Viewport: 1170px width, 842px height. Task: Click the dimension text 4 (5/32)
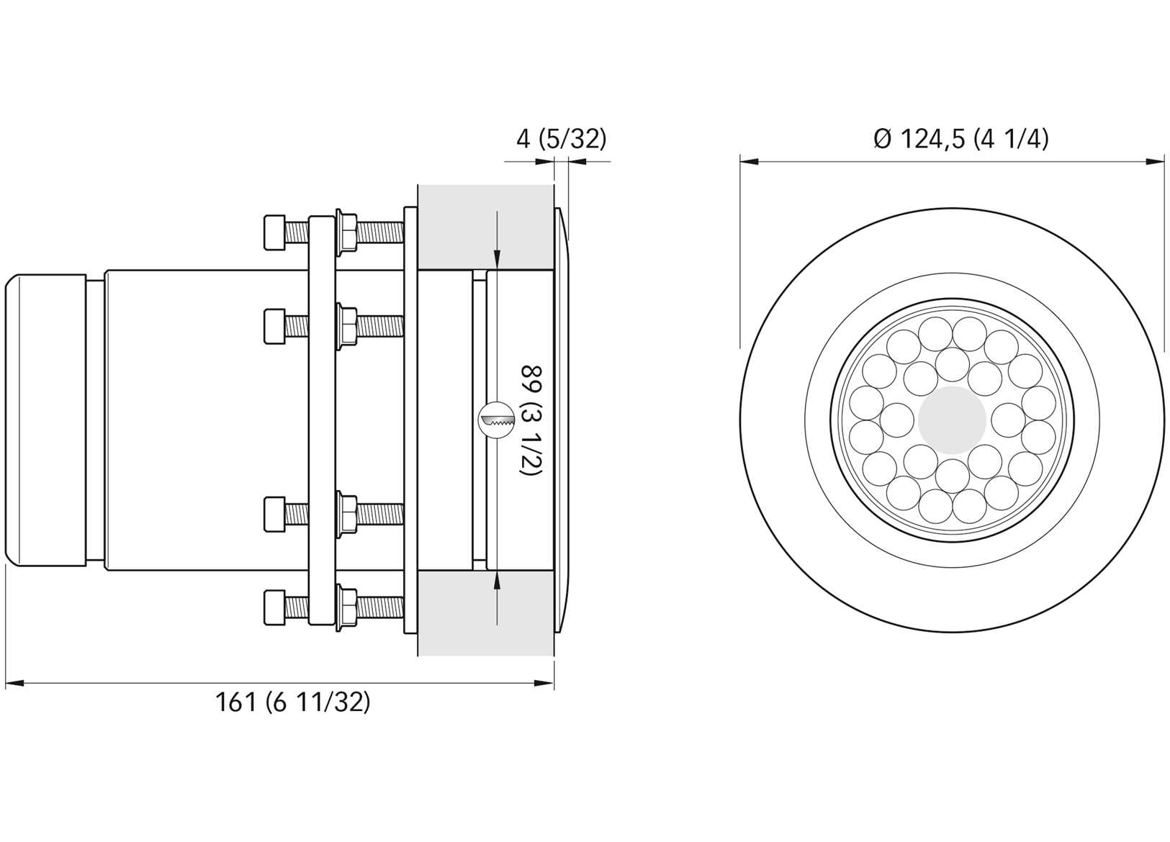click(561, 139)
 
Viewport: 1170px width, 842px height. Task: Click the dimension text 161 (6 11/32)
click(292, 702)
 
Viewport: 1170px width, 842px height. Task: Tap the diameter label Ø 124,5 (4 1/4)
click(960, 139)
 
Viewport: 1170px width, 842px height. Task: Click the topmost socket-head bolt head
click(275, 232)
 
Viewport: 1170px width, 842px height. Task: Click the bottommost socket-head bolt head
click(275, 608)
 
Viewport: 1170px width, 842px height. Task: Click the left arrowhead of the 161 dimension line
click(13, 683)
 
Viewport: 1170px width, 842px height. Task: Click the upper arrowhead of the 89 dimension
click(497, 262)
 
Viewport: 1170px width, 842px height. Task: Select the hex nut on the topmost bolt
click(346, 232)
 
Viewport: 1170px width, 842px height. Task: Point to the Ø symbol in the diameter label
click(882, 139)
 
